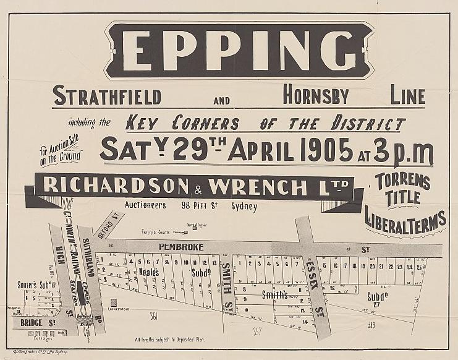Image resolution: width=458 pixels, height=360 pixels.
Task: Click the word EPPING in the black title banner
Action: [229, 50]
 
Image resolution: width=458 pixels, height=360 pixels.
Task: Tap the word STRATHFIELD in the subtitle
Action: [107, 97]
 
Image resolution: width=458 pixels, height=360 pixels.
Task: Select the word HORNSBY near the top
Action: [316, 96]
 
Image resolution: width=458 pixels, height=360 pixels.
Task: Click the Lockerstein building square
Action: [113, 302]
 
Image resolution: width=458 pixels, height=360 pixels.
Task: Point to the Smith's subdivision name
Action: [274, 294]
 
